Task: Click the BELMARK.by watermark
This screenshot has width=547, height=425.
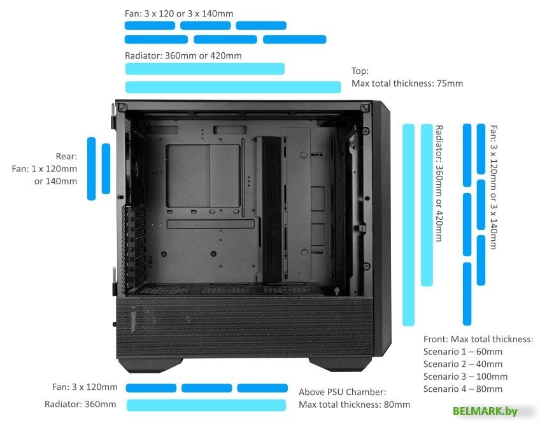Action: [x=485, y=411]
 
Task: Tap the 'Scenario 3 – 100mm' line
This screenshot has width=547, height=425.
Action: [x=463, y=377]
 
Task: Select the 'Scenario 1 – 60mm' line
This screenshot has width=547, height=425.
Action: [x=462, y=352]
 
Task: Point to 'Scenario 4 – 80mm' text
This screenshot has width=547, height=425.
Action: [x=462, y=389]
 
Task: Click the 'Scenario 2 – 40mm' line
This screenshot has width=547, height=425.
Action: [x=462, y=364]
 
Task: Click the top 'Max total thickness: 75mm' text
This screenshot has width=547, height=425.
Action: [x=407, y=83]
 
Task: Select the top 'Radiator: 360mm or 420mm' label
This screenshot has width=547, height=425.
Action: [x=183, y=55]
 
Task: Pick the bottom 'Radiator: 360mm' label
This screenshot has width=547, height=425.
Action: [x=80, y=404]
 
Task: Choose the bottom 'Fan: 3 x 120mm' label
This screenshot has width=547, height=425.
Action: [x=85, y=387]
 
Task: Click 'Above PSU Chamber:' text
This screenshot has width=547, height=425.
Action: [x=342, y=392]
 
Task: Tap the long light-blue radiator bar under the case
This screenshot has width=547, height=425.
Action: [x=206, y=405]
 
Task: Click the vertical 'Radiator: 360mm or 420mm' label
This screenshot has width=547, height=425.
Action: [x=439, y=183]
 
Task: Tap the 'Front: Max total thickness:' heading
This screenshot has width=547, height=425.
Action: [x=478, y=339]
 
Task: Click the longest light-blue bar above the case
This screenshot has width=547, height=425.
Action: [x=233, y=87]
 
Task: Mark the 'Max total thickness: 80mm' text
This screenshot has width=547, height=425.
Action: [x=354, y=405]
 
